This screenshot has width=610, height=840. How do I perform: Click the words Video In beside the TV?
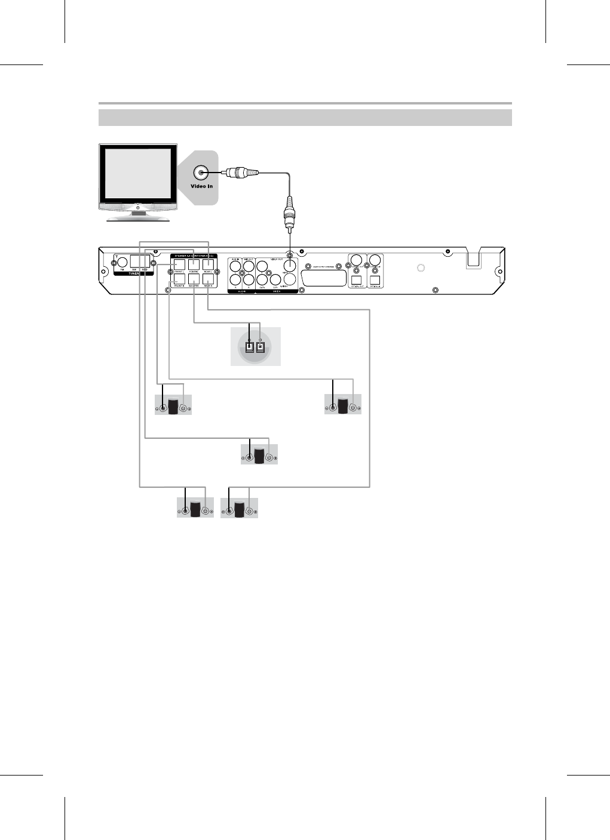tap(202, 186)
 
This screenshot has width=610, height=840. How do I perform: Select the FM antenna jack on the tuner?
tap(121, 261)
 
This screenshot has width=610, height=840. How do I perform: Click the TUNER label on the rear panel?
tap(133, 273)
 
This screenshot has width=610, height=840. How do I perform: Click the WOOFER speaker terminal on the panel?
tap(194, 278)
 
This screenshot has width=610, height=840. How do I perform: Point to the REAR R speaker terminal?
tap(209, 278)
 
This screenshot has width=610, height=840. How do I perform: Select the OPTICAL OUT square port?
tap(357, 279)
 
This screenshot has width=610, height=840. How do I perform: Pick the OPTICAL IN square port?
tap(375, 279)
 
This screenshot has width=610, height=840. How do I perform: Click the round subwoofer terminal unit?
tap(255, 347)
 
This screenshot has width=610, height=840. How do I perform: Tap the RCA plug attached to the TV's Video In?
tap(241, 173)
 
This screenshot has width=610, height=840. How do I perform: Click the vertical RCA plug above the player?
tap(290, 215)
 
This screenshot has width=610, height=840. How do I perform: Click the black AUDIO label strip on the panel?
tap(241, 293)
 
